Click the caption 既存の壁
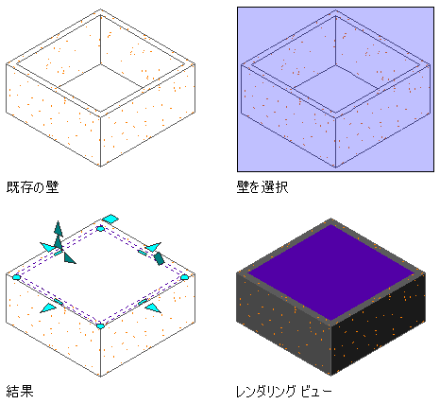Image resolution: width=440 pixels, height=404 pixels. click(x=32, y=187)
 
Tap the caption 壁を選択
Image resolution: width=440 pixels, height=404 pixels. click(x=262, y=187)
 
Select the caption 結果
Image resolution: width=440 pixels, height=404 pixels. click(x=20, y=391)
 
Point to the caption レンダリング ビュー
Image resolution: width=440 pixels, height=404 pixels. click(x=284, y=392)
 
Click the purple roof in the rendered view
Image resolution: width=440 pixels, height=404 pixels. click(x=331, y=272)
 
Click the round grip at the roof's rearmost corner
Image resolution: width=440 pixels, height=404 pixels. click(x=100, y=228)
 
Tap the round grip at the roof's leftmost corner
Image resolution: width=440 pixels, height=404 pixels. click(x=16, y=277)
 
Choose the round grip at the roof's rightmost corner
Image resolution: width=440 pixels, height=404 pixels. click(x=184, y=277)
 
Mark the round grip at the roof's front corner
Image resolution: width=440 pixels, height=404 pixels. click(x=100, y=326)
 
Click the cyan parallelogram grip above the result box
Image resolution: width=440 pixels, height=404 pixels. click(x=110, y=219)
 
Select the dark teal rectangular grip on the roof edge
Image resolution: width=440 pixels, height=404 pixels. click(x=159, y=258)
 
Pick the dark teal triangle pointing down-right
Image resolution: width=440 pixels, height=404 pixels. click(x=69, y=258)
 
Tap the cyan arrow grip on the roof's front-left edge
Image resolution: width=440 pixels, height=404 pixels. click(x=49, y=307)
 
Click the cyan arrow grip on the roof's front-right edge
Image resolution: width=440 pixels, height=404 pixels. click(x=153, y=307)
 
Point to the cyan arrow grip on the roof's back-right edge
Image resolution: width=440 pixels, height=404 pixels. click(x=153, y=247)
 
